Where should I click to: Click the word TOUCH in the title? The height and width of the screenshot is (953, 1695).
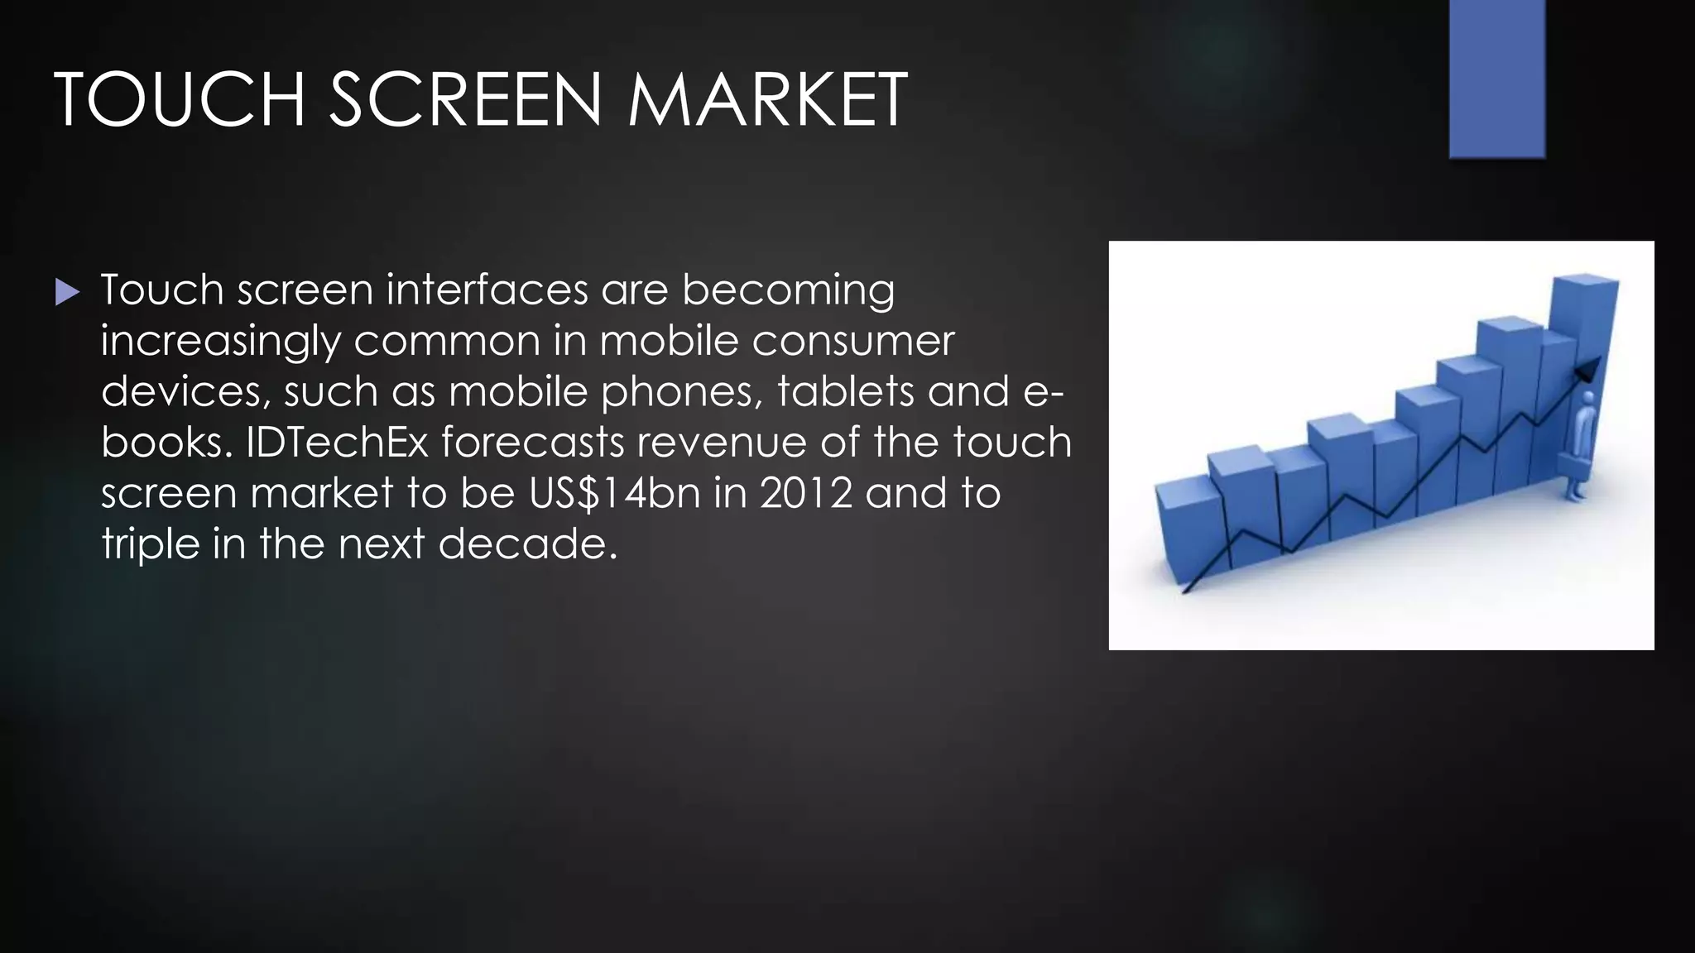(180, 100)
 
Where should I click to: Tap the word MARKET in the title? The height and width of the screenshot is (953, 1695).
(767, 100)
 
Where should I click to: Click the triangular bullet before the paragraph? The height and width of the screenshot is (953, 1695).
(67, 291)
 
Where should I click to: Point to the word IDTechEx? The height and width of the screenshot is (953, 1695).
(337, 443)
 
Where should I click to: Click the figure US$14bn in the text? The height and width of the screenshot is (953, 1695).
(615, 494)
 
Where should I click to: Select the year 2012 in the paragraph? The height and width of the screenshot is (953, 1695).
(806, 494)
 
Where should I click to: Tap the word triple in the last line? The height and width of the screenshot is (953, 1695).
(151, 545)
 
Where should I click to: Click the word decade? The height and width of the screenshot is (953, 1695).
(527, 545)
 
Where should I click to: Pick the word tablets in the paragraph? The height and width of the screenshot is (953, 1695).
(846, 392)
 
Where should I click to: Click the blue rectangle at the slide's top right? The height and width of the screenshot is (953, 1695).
(1497, 79)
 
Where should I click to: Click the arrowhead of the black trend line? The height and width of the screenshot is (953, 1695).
(1588, 369)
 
